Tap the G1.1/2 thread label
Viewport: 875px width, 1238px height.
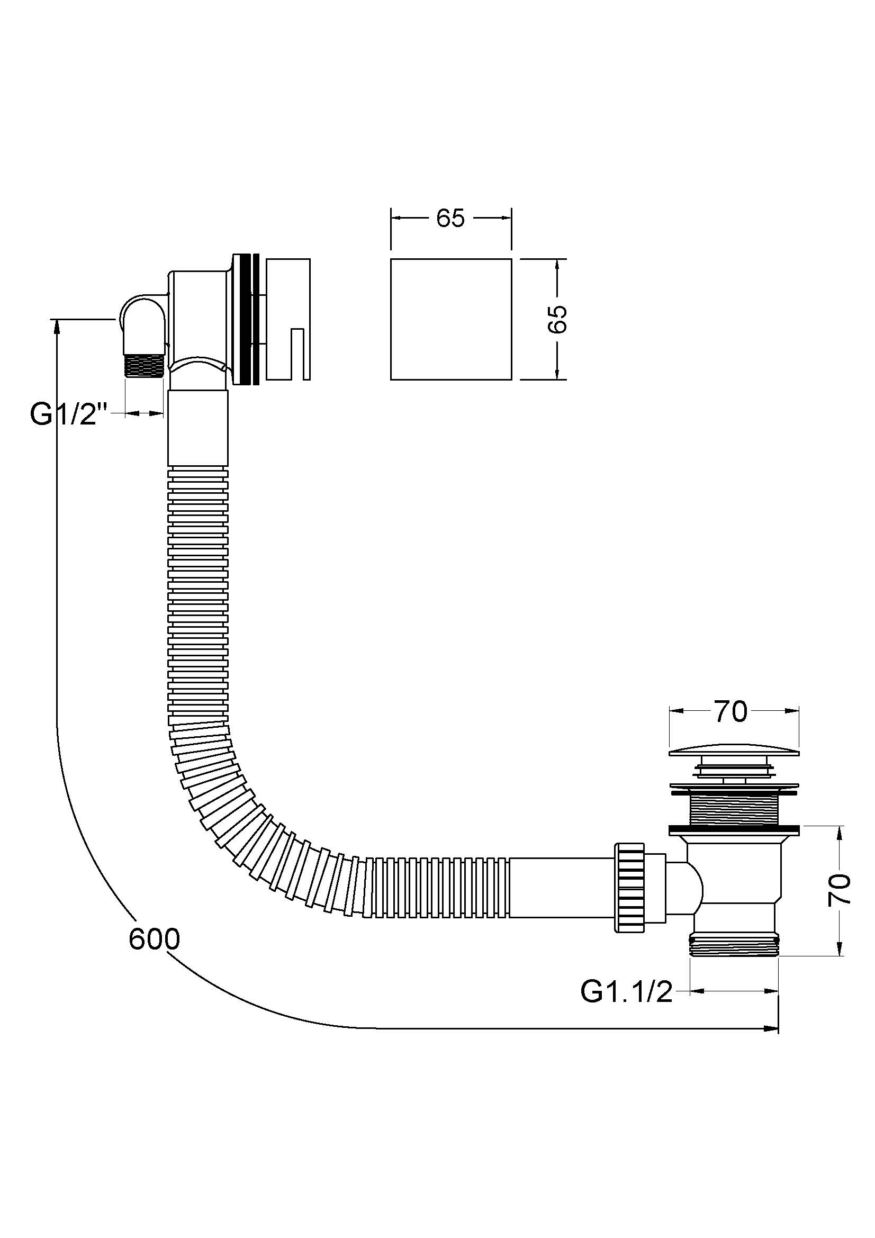coord(626,991)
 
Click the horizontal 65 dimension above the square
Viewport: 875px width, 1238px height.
coord(450,218)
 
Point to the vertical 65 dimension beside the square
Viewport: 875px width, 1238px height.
coord(559,319)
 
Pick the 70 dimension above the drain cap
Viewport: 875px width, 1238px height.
coord(731,712)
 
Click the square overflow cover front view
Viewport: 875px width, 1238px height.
coord(450,319)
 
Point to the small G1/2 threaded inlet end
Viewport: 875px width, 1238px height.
coord(144,365)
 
